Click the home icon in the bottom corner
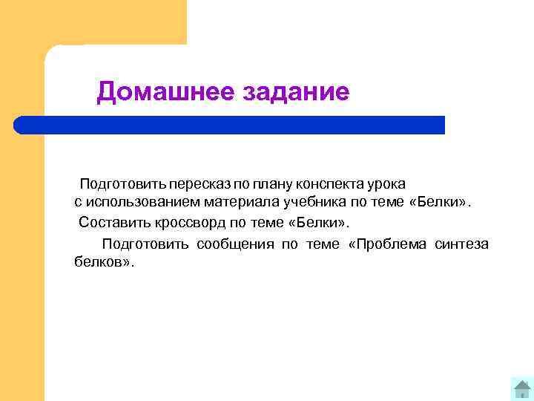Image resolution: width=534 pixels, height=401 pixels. (x=522, y=388)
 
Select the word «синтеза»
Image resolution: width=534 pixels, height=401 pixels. (x=463, y=244)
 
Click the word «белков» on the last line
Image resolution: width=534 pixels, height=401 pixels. (x=100, y=263)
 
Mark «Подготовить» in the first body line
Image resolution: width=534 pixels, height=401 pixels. (x=122, y=183)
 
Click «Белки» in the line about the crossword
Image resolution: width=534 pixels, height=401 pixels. (x=320, y=221)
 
